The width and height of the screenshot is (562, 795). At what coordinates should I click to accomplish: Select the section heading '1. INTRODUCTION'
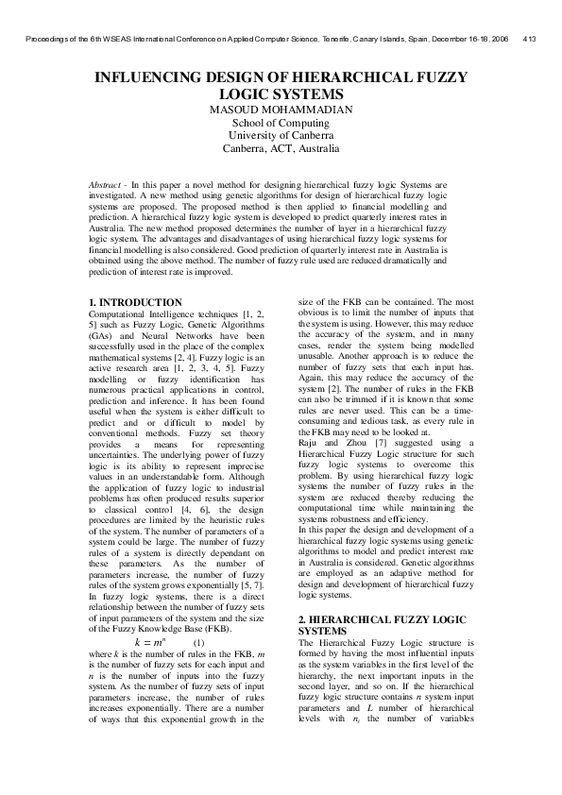(129, 302)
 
